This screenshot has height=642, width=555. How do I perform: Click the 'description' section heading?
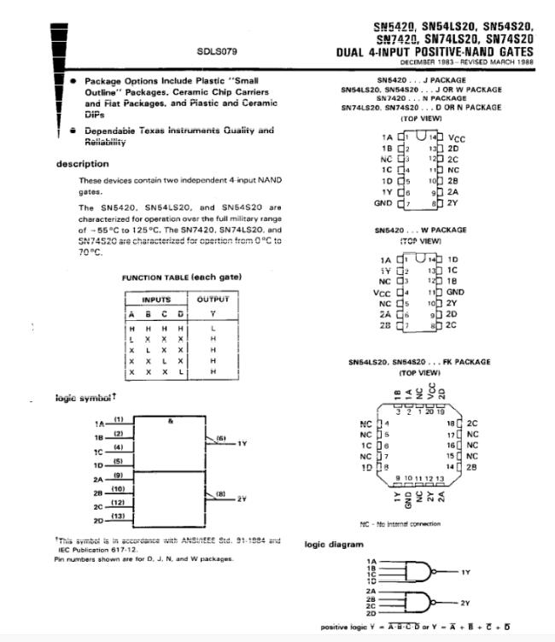pyautogui.click(x=83, y=164)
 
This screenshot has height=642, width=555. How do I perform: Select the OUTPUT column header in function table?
pyautogui.click(x=213, y=300)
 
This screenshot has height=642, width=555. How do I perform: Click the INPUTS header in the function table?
pyautogui.click(x=156, y=300)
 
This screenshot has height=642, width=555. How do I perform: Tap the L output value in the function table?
pyautogui.click(x=213, y=328)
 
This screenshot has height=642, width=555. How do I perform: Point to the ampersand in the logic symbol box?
pyautogui.click(x=172, y=422)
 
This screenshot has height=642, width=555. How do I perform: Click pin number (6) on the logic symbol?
pyautogui.click(x=219, y=438)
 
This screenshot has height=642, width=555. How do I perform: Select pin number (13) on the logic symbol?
pyautogui.click(x=119, y=515)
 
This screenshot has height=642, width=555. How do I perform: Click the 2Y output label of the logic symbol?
pyautogui.click(x=242, y=499)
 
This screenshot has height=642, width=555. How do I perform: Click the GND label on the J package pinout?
pyautogui.click(x=383, y=203)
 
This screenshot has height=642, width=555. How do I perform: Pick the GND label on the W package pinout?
pyautogui.click(x=455, y=292)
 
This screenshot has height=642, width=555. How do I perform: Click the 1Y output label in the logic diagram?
pyautogui.click(x=465, y=571)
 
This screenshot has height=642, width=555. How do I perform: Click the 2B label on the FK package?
pyautogui.click(x=471, y=467)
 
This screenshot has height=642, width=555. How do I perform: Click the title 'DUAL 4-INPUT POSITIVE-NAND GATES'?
pyautogui.click(x=435, y=52)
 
